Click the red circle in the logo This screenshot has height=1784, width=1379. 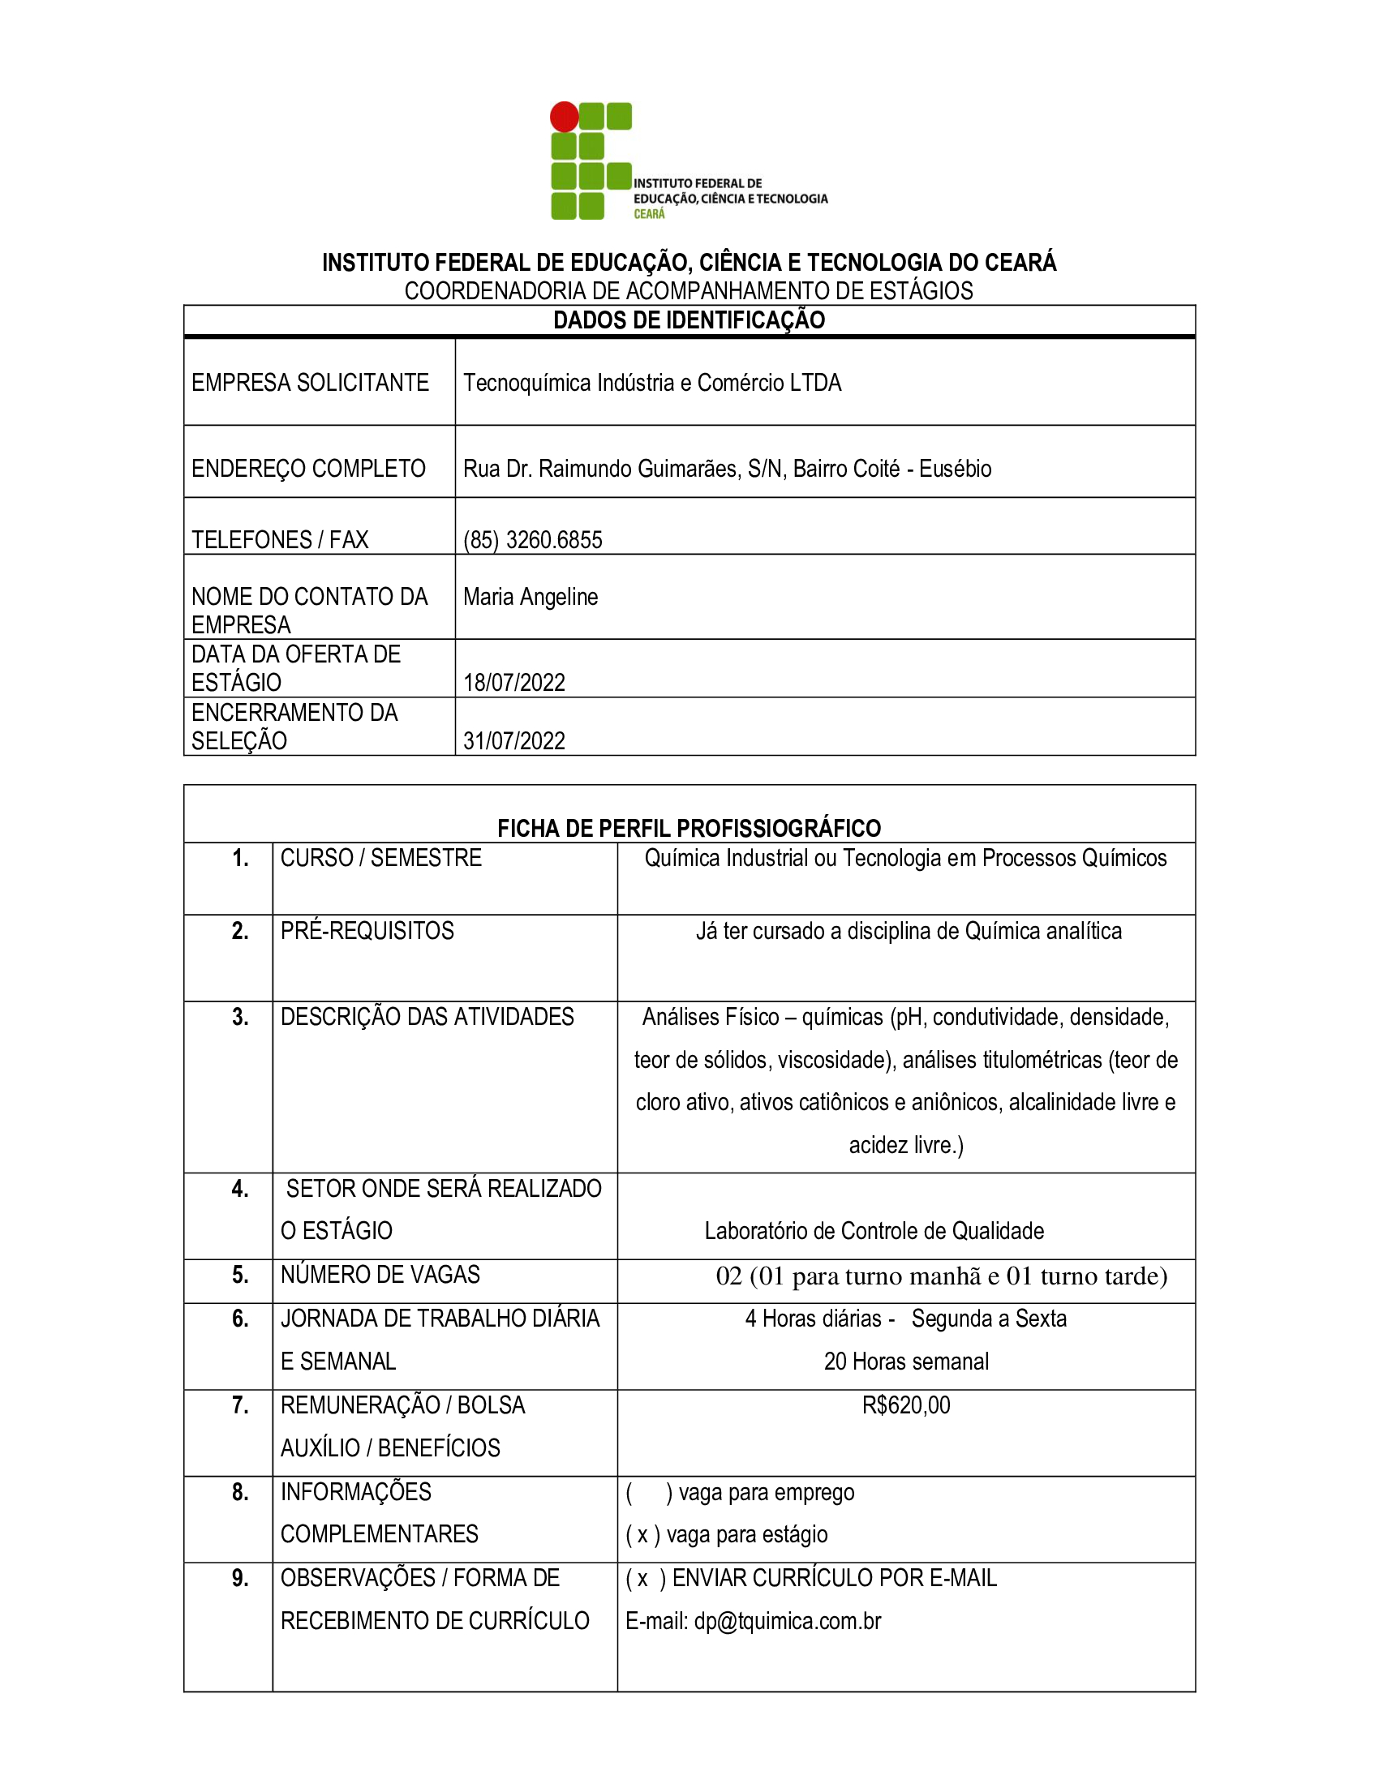[x=564, y=117]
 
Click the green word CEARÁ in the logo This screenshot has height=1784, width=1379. [x=649, y=214]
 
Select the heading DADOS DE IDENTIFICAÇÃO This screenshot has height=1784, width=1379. [x=689, y=320]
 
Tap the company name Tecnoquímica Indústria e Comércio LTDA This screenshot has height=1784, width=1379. [x=652, y=382]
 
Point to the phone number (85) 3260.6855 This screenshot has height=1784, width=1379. [x=533, y=540]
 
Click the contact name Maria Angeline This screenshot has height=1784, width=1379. [x=531, y=597]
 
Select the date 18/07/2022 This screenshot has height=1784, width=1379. [x=513, y=683]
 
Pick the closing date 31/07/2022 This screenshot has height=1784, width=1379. [x=513, y=741]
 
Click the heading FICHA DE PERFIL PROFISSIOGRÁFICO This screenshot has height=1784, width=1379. [x=689, y=828]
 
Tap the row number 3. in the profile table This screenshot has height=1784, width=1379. [x=240, y=1017]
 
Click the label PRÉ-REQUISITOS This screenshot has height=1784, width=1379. [x=367, y=931]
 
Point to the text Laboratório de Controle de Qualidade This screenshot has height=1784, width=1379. [x=874, y=1231]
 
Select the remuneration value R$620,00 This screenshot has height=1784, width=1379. [x=906, y=1406]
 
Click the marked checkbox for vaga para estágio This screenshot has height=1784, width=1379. [x=643, y=1536]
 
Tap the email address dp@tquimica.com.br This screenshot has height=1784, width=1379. [x=788, y=1622]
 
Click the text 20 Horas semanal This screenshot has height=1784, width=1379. [x=906, y=1362]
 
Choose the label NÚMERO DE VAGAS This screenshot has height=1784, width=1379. [x=380, y=1275]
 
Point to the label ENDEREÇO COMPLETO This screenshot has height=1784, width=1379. [x=308, y=469]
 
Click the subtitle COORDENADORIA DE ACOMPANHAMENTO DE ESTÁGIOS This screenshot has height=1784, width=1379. [x=689, y=291]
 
